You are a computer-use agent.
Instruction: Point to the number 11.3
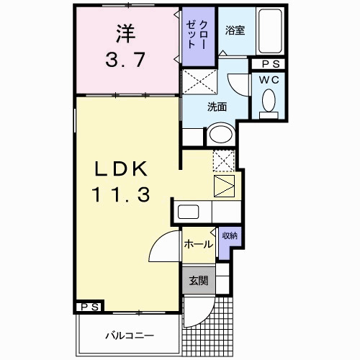tap(120, 194)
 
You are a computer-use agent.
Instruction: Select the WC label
tap(270, 79)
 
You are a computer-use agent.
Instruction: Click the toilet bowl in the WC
tap(270, 100)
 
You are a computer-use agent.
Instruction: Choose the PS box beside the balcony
tap(89, 307)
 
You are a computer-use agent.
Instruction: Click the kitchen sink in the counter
tap(189, 212)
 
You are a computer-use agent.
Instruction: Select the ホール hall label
tap(197, 244)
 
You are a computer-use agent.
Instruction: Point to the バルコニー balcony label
tap(127, 335)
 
